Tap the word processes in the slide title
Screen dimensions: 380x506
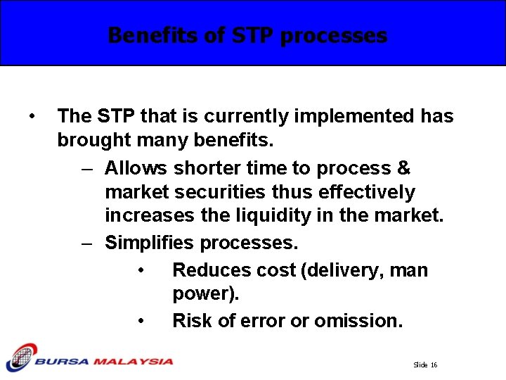[333, 35]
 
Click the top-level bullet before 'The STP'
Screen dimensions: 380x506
[32, 115]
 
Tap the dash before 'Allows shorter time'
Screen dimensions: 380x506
[86, 168]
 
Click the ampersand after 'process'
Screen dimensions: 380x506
[403, 168]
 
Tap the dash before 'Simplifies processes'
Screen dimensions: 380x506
[86, 243]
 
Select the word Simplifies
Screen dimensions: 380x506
[149, 243]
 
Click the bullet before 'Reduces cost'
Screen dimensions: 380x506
[141, 271]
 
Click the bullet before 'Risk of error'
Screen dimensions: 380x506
[141, 322]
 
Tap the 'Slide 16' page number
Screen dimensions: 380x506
[425, 365]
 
